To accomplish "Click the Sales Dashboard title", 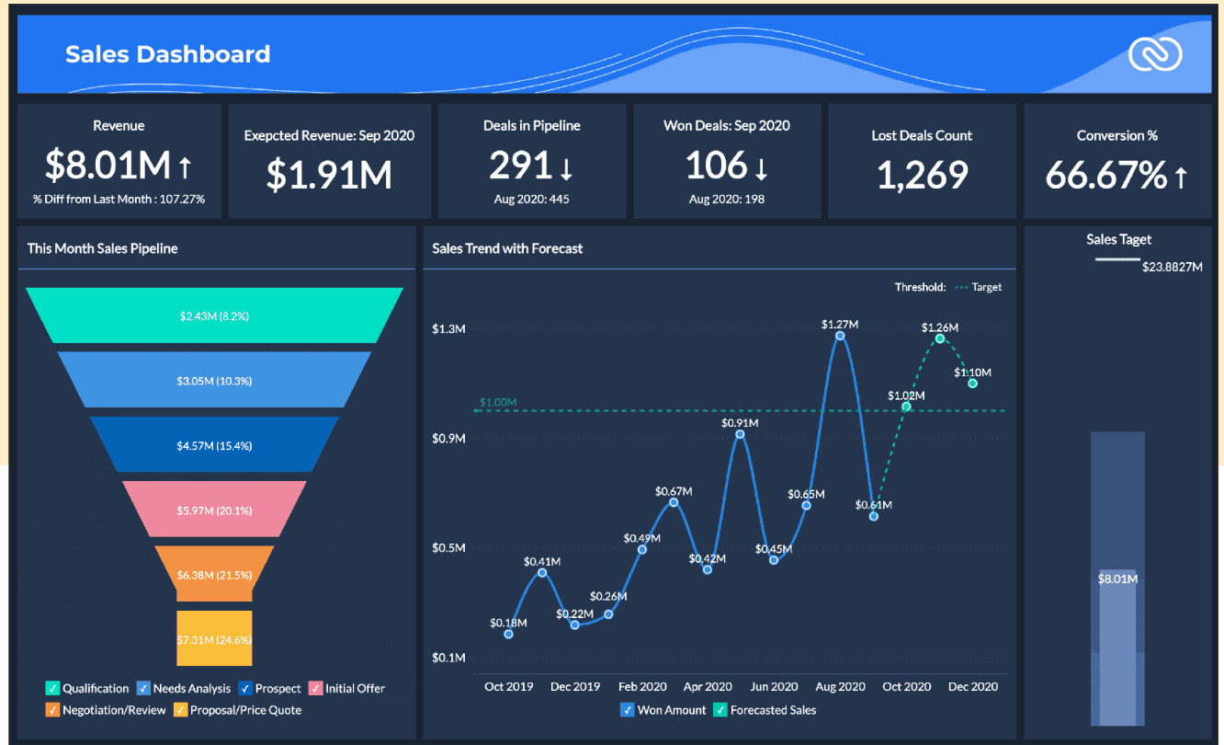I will [x=167, y=54].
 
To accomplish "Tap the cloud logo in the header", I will [x=1155, y=55].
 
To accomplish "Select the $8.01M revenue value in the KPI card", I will [x=108, y=166].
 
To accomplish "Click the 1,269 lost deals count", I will [x=922, y=174].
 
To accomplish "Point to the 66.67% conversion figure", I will [x=1106, y=175].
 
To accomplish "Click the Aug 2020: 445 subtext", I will [x=531, y=199].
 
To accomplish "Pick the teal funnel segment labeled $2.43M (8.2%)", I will [x=214, y=315].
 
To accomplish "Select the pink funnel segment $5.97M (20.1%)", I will [x=214, y=510].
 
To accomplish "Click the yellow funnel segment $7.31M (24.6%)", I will [x=214, y=638].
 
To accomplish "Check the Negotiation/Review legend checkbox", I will [x=52, y=710].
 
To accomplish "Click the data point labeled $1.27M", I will [x=840, y=336].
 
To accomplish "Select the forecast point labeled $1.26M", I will [x=940, y=338].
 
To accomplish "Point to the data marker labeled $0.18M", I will [x=508, y=634].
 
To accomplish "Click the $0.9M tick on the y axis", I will [x=448, y=439].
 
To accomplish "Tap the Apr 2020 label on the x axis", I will [x=708, y=686].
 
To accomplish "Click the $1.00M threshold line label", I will [x=498, y=403].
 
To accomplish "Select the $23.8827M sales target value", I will [x=1172, y=268].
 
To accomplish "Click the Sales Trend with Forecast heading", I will [x=507, y=248].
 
